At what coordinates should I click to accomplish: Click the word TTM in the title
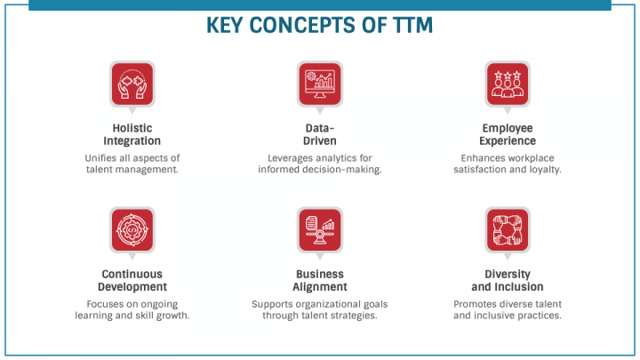[406, 26]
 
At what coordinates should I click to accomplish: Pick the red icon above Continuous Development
[132, 229]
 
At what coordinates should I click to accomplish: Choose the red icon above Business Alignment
[319, 229]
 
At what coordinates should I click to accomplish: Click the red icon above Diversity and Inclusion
[508, 229]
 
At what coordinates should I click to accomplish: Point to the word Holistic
[132, 127]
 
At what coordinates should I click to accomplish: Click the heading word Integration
[132, 140]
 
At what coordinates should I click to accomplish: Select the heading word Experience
[508, 140]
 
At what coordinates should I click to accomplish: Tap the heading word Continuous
[132, 274]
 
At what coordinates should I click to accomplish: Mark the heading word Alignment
[319, 287]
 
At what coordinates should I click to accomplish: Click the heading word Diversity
[508, 274]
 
